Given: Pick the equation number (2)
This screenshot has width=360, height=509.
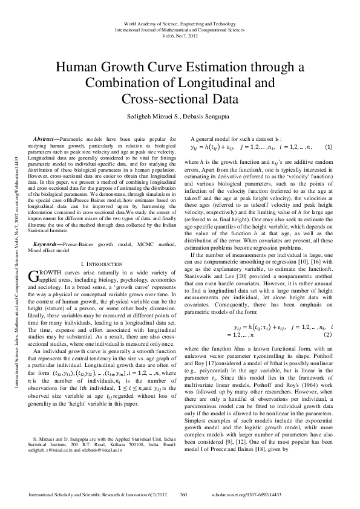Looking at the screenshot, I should (x=327, y=334).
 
